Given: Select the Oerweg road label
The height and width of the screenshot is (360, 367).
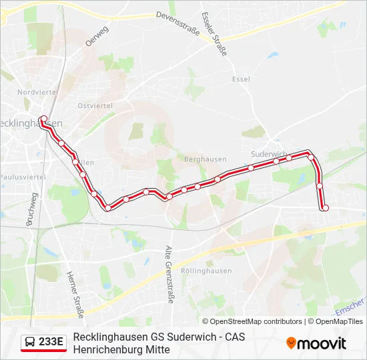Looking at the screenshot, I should [x=97, y=37].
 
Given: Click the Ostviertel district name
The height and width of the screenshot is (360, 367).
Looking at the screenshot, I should [x=94, y=106].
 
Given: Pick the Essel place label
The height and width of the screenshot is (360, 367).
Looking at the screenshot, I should [x=241, y=79].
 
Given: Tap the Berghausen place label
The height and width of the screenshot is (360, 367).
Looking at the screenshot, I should [x=200, y=161].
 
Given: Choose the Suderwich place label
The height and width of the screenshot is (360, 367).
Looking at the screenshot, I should [x=269, y=154].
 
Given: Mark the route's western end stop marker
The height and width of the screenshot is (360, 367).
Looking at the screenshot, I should [x=44, y=120].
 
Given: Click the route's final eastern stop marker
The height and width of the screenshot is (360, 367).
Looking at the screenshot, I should [x=326, y=208].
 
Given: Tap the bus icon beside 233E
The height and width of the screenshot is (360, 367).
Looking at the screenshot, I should [x=29, y=343].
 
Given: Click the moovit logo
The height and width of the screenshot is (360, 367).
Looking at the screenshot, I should [x=316, y=343].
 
